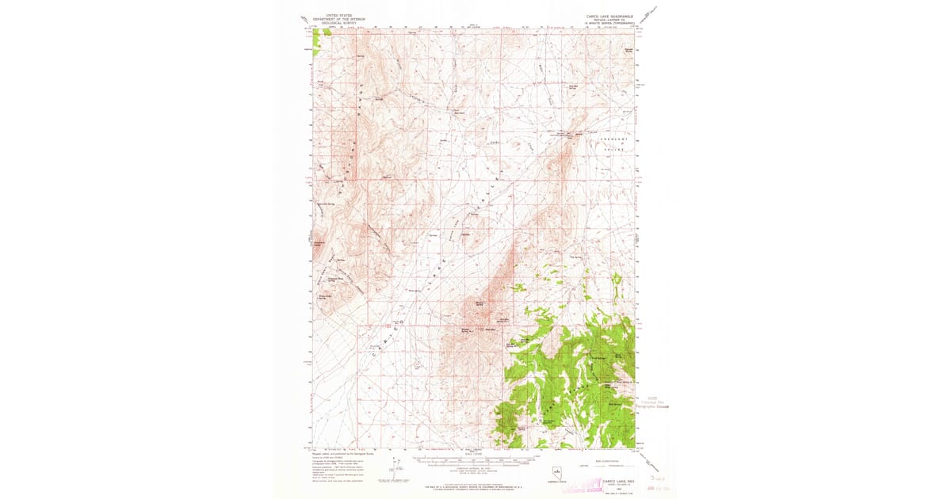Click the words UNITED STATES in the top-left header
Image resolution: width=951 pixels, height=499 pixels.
[333, 15]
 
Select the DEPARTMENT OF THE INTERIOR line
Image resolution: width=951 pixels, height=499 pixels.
[333, 19]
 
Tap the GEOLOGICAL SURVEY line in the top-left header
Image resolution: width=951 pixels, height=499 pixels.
[333, 23]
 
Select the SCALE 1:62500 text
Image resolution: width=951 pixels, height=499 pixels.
[473, 453]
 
